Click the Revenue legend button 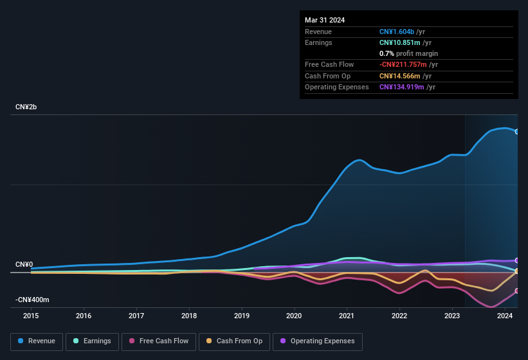point(37,341)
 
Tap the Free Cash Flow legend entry point(159,341)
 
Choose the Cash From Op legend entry point(234,341)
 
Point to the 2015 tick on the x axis point(31,316)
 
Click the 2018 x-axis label point(189,316)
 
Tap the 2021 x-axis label point(347,316)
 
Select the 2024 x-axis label point(505,316)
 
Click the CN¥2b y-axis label point(26,107)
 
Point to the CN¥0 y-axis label point(24,265)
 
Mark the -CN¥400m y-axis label point(33,300)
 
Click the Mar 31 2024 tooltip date point(325,20)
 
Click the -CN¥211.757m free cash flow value point(411,64)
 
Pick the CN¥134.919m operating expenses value point(407,87)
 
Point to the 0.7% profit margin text point(408,53)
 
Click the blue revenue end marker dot point(517,131)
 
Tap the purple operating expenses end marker point(517,260)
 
